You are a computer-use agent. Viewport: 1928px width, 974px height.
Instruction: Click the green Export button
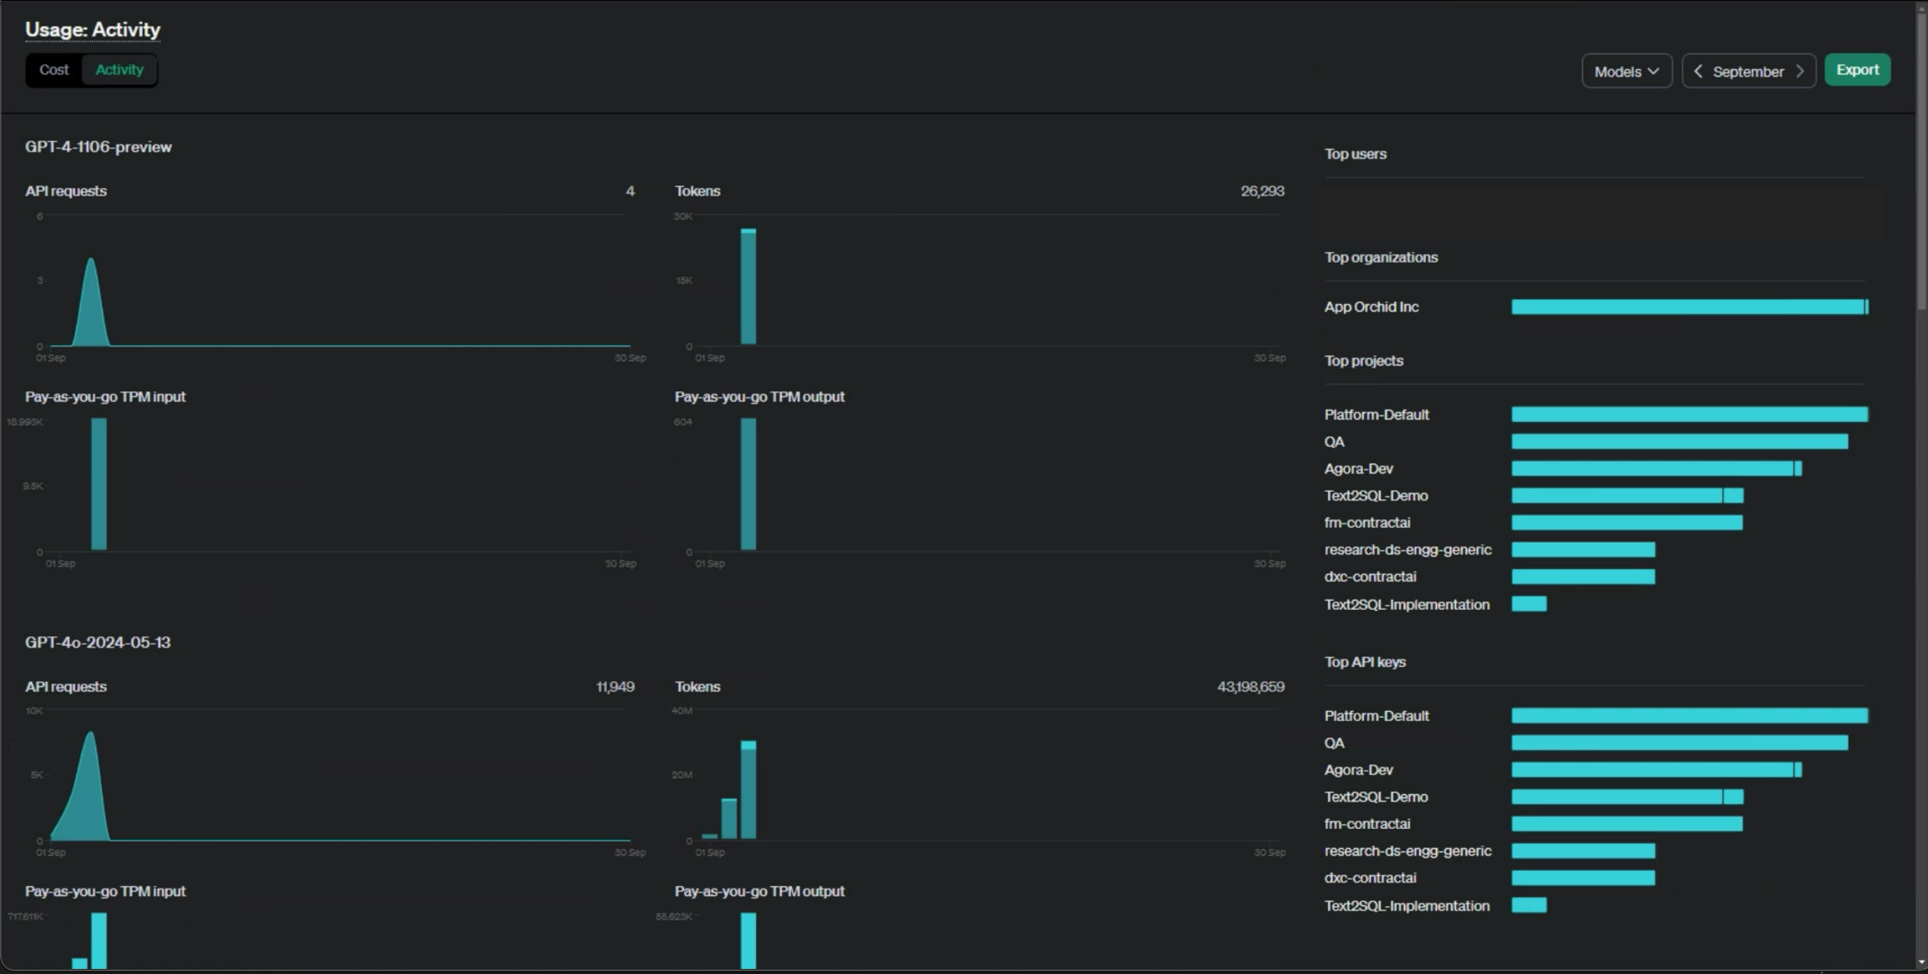(x=1857, y=70)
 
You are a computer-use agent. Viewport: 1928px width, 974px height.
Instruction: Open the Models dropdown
(x=1627, y=71)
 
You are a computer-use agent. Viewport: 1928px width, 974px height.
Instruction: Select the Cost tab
(x=54, y=70)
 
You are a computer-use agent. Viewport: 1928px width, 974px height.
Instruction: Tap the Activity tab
(x=119, y=70)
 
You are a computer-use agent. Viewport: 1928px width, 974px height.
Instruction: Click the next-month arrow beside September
(x=1800, y=71)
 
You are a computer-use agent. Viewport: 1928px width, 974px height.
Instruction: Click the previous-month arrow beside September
(x=1698, y=71)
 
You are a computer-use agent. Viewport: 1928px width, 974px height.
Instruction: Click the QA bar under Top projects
(x=1679, y=442)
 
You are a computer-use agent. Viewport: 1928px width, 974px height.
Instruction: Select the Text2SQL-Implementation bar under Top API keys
(x=1528, y=905)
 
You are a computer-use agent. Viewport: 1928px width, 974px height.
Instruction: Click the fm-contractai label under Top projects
(x=1367, y=523)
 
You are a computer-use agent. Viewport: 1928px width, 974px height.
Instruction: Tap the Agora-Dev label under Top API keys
(x=1358, y=770)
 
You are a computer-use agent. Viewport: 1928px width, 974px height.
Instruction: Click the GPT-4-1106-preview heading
(x=98, y=146)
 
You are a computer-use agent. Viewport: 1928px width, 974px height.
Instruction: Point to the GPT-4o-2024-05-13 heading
(x=97, y=643)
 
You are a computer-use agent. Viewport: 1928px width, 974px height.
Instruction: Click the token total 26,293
(x=1262, y=191)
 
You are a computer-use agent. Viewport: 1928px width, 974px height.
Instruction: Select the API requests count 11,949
(x=615, y=686)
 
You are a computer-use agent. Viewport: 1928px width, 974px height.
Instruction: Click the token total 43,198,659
(x=1250, y=686)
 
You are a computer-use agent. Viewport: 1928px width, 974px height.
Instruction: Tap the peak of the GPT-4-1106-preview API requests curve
(x=91, y=261)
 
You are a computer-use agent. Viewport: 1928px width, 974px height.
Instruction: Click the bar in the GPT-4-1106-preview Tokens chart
(x=748, y=287)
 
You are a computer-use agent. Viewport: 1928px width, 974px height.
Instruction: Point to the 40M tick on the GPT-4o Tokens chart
(x=682, y=711)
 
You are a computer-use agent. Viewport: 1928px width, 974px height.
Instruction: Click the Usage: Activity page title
(x=93, y=29)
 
